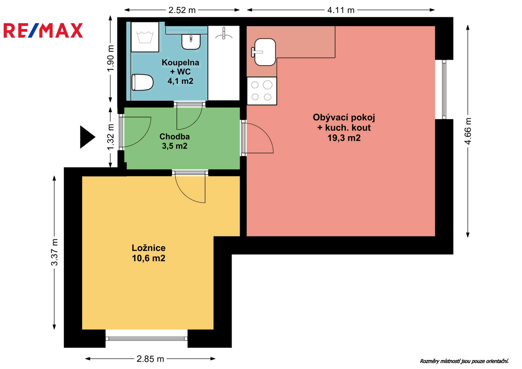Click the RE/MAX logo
click(43, 30)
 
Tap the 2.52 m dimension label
click(182, 10)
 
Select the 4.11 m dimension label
click(341, 10)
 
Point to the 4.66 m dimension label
click(468, 131)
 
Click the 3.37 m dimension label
click(55, 252)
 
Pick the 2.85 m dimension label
click(150, 359)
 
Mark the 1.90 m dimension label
click(110, 58)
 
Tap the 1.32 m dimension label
click(110, 137)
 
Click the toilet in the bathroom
click(143, 82)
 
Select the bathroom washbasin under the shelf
click(191, 42)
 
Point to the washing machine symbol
click(145, 37)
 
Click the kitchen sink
click(264, 52)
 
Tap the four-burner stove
click(262, 91)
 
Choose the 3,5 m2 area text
click(175, 146)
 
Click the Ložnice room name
click(149, 248)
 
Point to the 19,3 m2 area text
click(344, 138)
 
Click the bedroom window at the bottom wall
click(147, 339)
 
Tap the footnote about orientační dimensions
click(464, 361)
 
